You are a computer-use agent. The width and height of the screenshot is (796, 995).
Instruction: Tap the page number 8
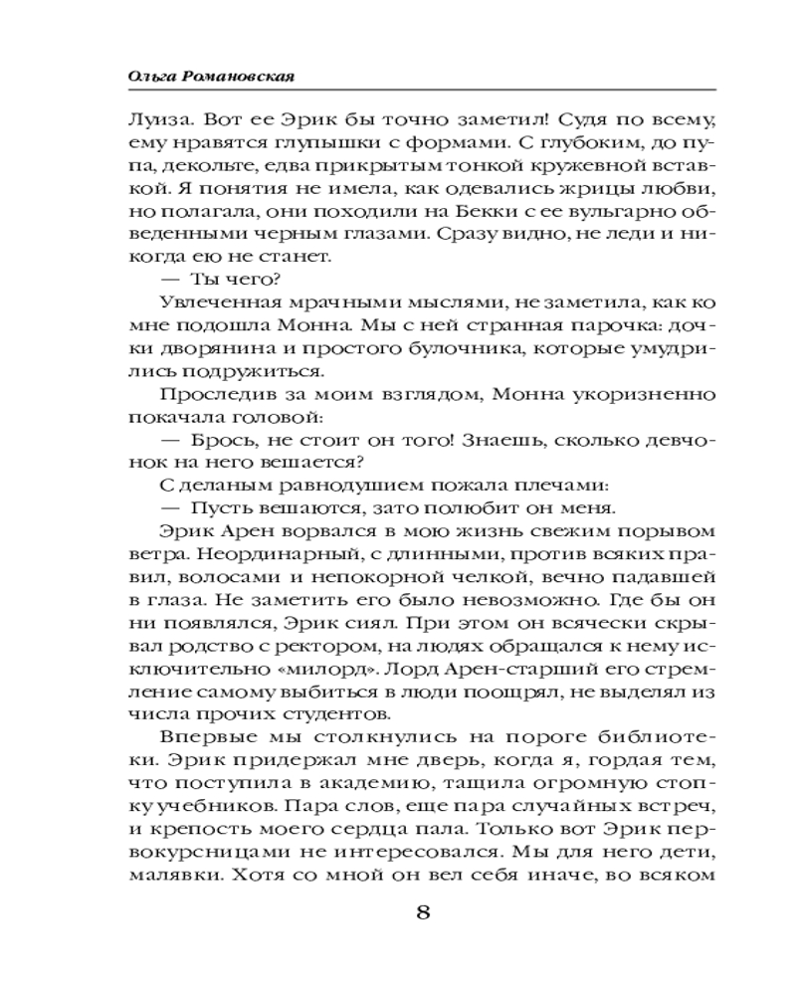point(423,913)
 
